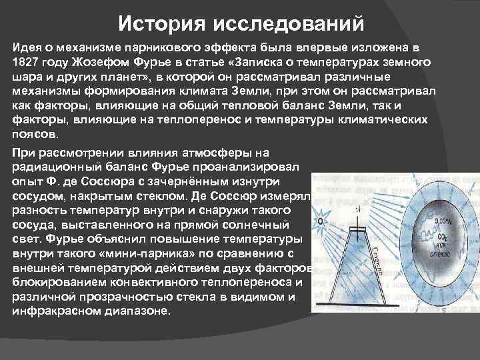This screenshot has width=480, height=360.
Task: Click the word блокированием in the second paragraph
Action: (x=53, y=283)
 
